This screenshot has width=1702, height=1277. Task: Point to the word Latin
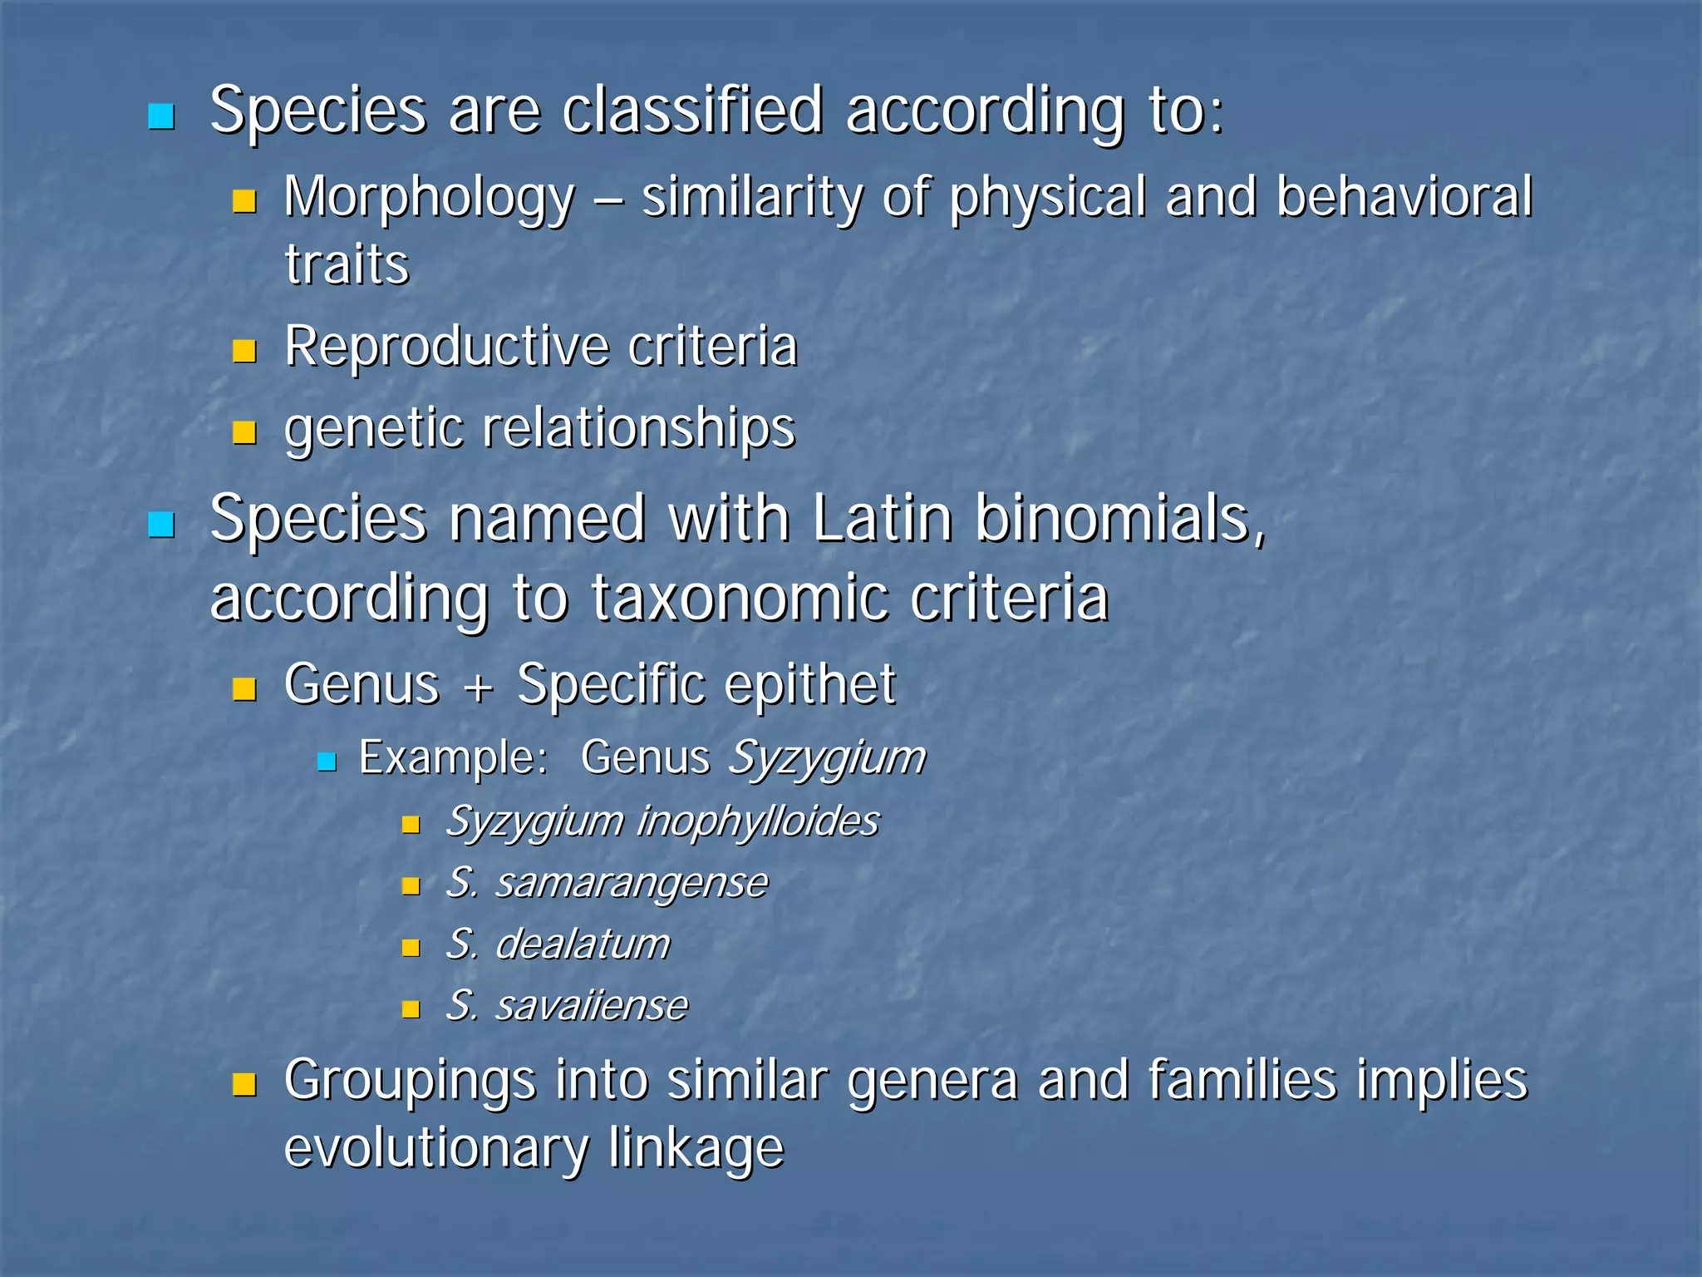click(x=882, y=520)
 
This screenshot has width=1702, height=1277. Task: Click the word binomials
click(x=1119, y=520)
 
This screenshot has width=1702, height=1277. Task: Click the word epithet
click(x=809, y=687)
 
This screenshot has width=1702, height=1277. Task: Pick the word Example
click(x=453, y=758)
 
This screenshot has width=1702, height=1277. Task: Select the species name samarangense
click(x=632, y=884)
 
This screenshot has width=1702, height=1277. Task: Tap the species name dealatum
click(x=582, y=945)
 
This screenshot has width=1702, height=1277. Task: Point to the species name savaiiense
click(x=592, y=1007)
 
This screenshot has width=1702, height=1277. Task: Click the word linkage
click(x=696, y=1149)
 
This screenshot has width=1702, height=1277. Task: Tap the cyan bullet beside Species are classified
click(x=160, y=116)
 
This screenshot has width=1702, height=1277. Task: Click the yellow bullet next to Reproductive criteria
click(x=244, y=351)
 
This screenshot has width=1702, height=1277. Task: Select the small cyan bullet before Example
click(x=327, y=762)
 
